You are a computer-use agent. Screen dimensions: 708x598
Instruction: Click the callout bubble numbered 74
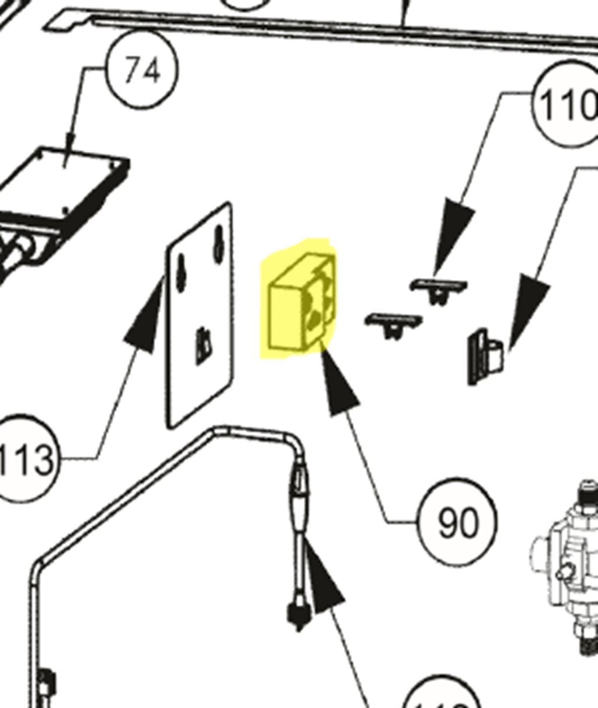[x=142, y=71]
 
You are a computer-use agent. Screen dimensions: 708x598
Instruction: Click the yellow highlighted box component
[x=298, y=304]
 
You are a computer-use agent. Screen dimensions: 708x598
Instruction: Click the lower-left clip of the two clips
[x=394, y=325]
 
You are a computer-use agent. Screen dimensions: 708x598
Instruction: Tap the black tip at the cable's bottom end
[x=298, y=616]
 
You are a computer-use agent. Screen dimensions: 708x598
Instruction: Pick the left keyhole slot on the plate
[x=182, y=271]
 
